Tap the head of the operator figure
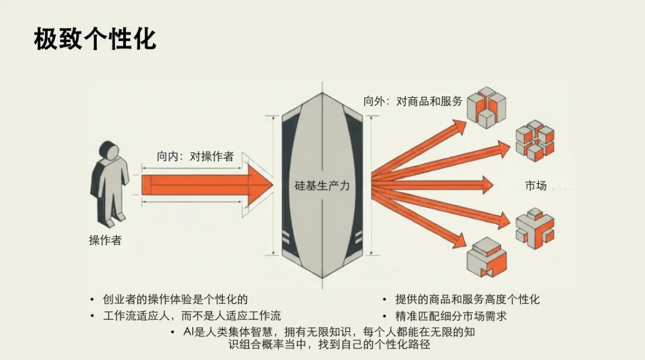[x=109, y=152]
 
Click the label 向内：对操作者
[x=195, y=156]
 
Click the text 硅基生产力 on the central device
[x=322, y=185]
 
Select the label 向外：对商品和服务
[x=413, y=101]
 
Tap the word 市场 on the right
[x=536, y=185]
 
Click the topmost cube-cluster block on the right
[x=486, y=106]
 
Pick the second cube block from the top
[x=535, y=141]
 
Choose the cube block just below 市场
[x=535, y=226]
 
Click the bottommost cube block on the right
[x=487, y=257]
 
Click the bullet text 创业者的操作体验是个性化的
[x=175, y=299]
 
